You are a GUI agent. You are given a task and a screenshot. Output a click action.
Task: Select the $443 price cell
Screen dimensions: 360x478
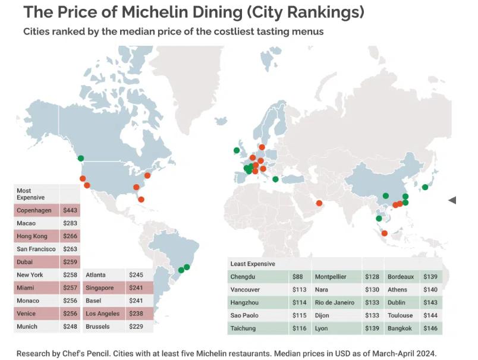tap(70, 210)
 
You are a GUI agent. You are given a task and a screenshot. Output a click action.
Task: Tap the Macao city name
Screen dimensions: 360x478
tap(26, 223)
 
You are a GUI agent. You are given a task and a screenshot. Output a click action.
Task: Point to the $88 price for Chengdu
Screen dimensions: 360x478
tap(297, 276)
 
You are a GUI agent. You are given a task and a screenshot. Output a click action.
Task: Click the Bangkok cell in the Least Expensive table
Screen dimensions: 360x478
tap(400, 329)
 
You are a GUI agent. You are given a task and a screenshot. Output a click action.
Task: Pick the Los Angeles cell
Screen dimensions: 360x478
tap(103, 314)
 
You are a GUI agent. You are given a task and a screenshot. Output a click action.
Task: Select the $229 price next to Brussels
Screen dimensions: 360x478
tap(137, 327)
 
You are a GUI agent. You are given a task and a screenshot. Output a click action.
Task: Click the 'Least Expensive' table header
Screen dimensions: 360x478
tap(252, 263)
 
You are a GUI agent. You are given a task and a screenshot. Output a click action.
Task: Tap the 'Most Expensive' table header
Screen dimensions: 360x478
tap(28, 194)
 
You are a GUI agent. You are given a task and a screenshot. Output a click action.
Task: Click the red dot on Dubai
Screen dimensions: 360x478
tap(319, 203)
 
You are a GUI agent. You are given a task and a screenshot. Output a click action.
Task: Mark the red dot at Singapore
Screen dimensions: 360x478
tap(384, 233)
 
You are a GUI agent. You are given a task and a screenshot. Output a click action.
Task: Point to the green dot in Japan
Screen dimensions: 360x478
tap(425, 187)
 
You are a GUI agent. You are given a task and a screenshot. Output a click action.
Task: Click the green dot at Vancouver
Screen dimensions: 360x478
tap(81, 158)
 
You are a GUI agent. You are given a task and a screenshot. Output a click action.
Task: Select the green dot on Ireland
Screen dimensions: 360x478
tap(236, 150)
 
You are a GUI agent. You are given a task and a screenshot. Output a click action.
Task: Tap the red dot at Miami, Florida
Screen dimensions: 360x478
tap(141, 199)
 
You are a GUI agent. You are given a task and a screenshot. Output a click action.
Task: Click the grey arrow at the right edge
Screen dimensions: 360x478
tap(452, 200)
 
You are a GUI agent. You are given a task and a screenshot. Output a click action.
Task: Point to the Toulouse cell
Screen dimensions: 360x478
tap(400, 315)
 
